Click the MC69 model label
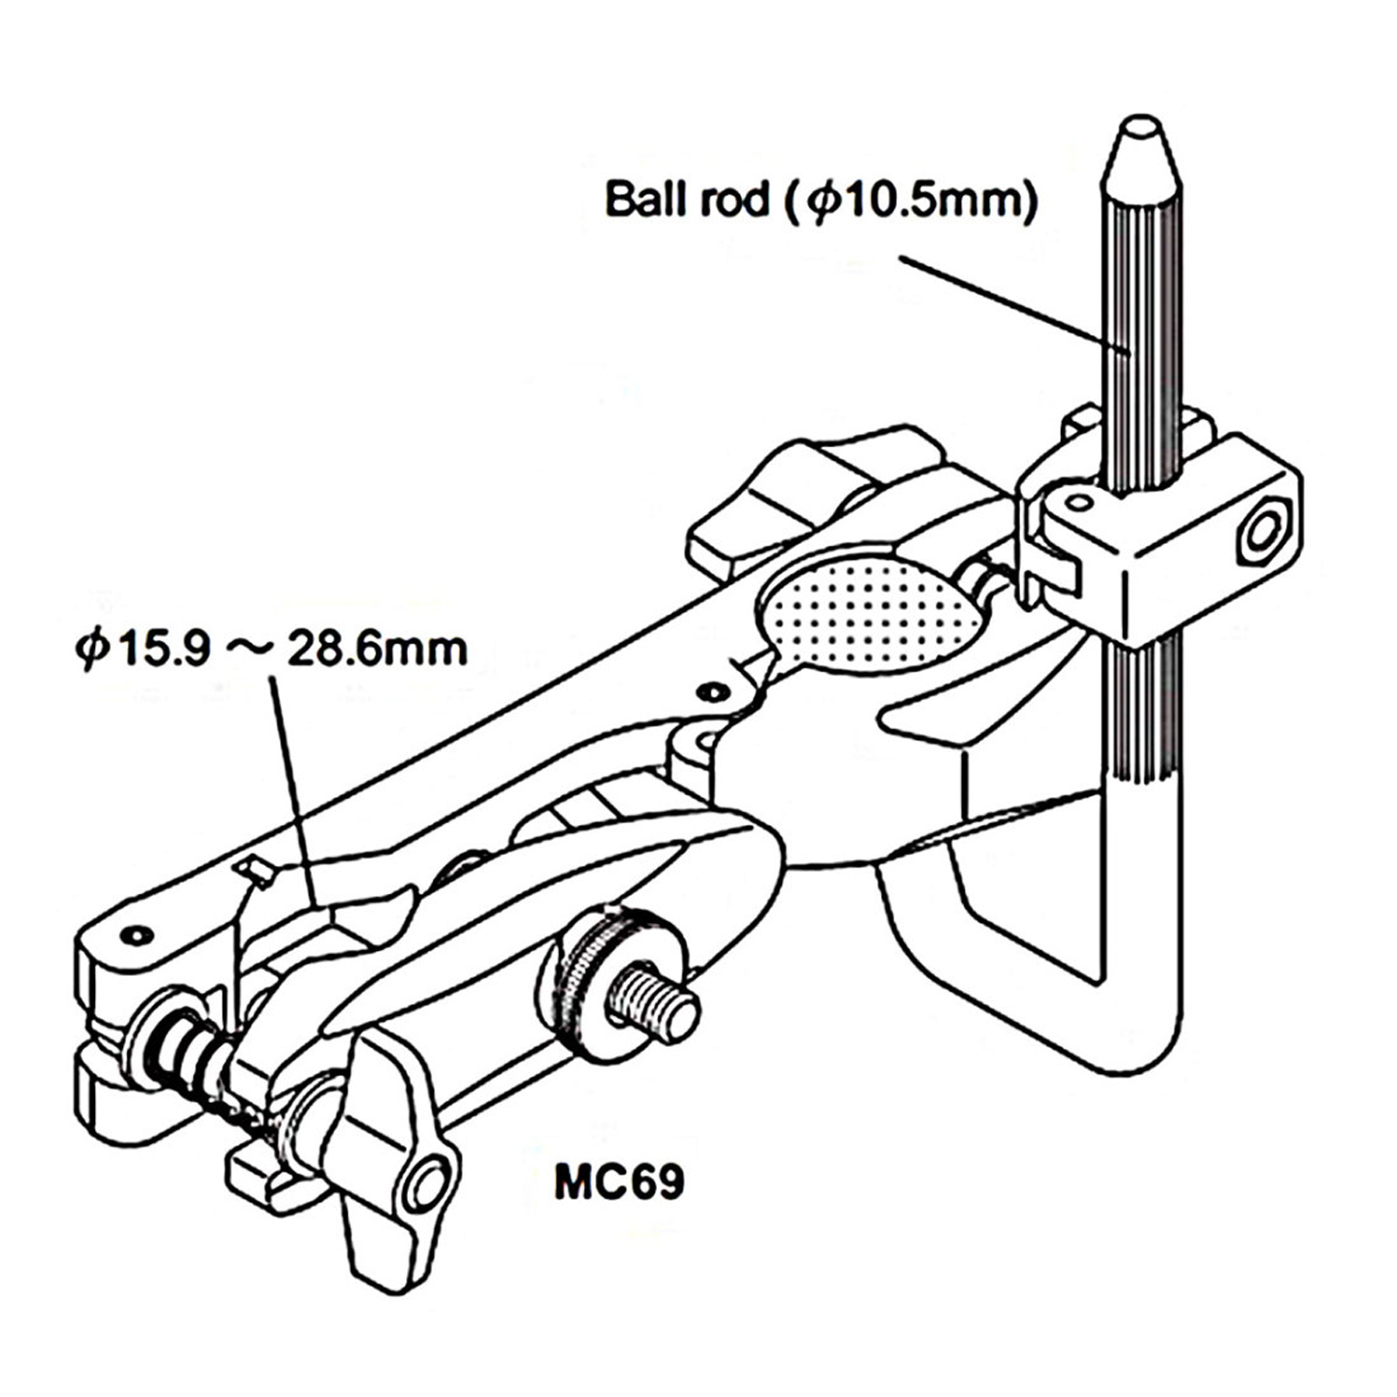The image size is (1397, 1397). coord(619,1182)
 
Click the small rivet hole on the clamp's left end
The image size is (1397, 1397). coord(139,933)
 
